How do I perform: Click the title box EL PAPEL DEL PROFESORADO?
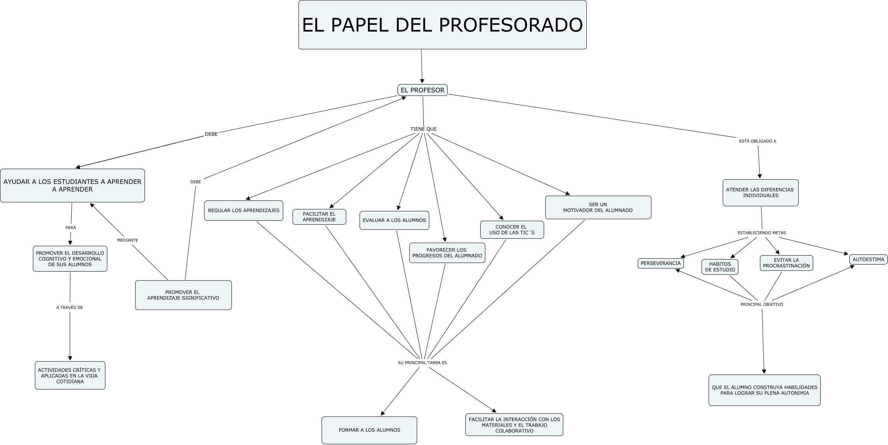click(442, 25)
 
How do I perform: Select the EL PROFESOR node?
click(422, 90)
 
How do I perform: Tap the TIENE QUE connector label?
click(423, 129)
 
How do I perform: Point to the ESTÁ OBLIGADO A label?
click(757, 141)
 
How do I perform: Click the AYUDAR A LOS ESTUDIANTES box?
click(72, 186)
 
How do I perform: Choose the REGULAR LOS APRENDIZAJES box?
click(243, 211)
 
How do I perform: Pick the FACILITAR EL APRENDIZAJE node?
click(319, 217)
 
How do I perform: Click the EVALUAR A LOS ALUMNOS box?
click(394, 220)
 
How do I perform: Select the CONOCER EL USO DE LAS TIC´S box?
click(512, 230)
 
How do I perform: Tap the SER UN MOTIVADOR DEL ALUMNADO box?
click(598, 207)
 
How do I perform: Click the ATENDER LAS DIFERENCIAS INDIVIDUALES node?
click(760, 193)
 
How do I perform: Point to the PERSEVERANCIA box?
click(660, 263)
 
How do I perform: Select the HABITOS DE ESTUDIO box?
click(720, 267)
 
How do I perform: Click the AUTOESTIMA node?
click(868, 259)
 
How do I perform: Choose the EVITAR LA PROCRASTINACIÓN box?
click(786, 263)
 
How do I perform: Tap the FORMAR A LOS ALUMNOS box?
click(369, 430)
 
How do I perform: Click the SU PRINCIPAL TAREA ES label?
click(422, 363)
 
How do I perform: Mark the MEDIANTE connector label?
click(127, 240)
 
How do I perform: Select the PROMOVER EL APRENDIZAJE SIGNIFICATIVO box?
click(183, 295)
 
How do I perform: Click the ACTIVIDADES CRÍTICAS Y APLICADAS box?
click(70, 375)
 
